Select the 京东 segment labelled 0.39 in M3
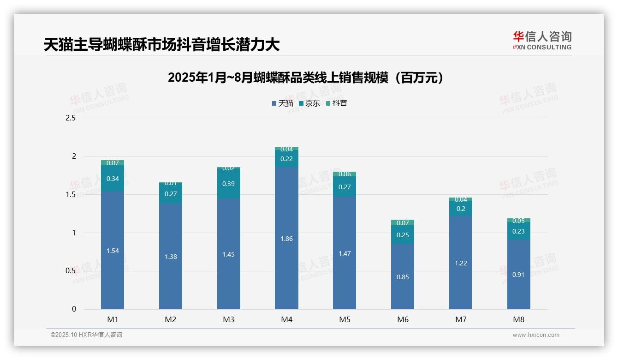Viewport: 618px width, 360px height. coord(228,184)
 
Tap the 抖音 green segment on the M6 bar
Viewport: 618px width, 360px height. coord(403,223)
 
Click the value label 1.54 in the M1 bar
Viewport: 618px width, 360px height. coord(113,251)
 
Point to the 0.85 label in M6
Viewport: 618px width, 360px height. coord(403,277)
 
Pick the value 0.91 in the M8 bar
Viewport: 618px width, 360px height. coord(518,275)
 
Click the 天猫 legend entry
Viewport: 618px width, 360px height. coord(283,103)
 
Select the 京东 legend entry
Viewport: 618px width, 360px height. coord(309,103)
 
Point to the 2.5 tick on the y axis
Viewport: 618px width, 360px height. coord(71,118)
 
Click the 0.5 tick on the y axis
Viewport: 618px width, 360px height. coord(71,271)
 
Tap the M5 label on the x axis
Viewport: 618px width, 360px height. coord(345,319)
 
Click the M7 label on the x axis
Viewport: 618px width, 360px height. coord(461,319)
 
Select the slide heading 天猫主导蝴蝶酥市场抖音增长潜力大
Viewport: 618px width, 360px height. coord(161,45)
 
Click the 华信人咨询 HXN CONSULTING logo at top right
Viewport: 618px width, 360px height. coord(542,41)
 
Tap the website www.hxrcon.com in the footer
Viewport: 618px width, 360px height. coord(536,335)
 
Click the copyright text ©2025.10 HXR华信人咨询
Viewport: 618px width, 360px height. coord(86,335)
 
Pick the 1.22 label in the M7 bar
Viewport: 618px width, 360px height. coord(461,263)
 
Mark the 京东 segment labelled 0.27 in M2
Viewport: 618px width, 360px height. coord(171,194)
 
